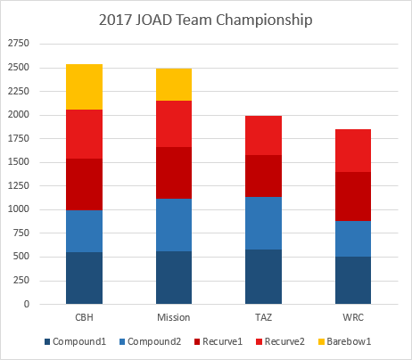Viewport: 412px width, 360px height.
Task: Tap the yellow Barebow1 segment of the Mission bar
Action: coord(174,85)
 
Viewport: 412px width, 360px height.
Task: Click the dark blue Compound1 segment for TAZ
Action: coord(264,276)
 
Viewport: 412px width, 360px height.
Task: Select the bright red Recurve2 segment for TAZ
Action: coord(264,135)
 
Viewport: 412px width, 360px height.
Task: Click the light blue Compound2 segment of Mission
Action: coord(174,225)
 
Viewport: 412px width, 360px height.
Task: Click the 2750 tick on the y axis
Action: coord(19,44)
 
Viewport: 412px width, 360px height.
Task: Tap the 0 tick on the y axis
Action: coord(27,304)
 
